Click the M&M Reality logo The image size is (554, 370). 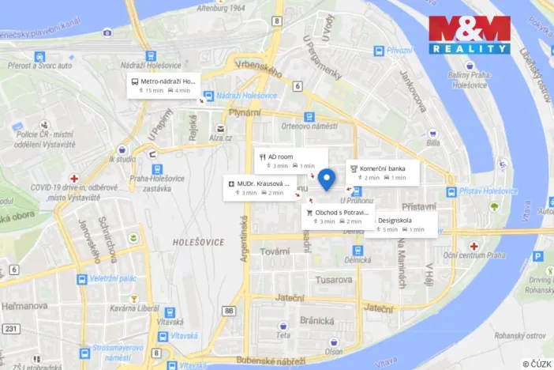click(x=470, y=35)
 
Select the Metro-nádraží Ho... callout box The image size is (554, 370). click(x=163, y=85)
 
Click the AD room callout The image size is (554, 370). click(x=290, y=160)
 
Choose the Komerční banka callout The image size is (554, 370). click(x=383, y=172)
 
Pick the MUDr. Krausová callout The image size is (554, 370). click(x=256, y=188)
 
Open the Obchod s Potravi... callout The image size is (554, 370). click(x=337, y=217)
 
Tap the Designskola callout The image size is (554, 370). click(x=401, y=225)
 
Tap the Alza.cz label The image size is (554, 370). click(x=221, y=138)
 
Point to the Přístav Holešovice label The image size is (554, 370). click(x=489, y=191)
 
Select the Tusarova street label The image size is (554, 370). click(x=334, y=279)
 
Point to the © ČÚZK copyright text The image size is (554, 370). click(x=536, y=363)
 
